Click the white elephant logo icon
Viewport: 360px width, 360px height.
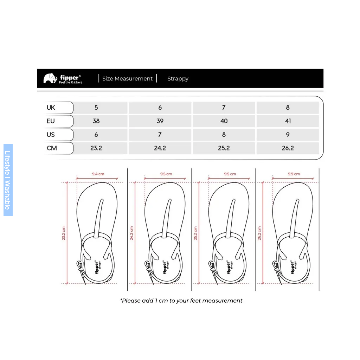[x=50, y=78]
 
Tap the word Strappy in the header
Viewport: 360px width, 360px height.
[x=178, y=79]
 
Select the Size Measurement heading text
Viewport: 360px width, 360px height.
[x=127, y=78]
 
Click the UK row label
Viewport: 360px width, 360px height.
[x=51, y=108]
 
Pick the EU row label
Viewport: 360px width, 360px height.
[x=51, y=121]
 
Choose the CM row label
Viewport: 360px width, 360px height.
[x=52, y=148]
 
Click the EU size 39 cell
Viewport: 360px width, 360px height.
[x=160, y=121]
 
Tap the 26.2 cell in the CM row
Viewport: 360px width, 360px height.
[x=288, y=148]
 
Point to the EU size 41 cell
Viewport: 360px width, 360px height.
[x=288, y=121]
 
